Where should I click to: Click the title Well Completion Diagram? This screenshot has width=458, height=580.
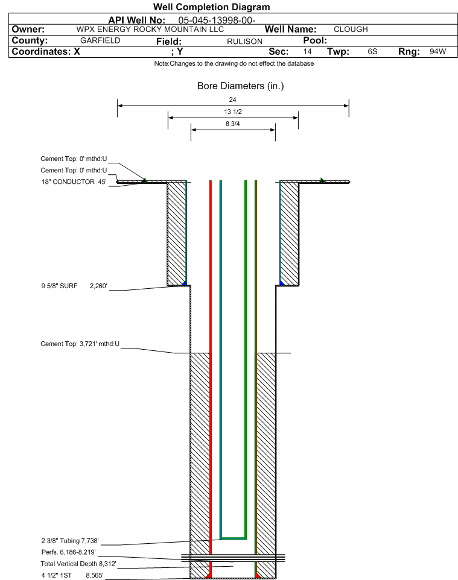(x=211, y=7)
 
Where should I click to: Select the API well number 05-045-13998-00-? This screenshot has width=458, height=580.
(x=217, y=20)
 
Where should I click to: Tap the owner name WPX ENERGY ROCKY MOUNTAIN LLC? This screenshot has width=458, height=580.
(x=150, y=30)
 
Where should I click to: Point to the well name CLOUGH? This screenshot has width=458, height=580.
(x=351, y=30)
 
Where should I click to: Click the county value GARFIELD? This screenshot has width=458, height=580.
(x=100, y=40)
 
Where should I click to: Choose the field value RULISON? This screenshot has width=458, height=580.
(x=245, y=42)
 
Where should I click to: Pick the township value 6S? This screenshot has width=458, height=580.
(x=372, y=51)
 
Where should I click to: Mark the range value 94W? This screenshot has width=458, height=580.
(x=437, y=51)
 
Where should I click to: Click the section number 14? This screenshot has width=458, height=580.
(x=307, y=51)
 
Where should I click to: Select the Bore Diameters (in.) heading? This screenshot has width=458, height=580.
(x=240, y=86)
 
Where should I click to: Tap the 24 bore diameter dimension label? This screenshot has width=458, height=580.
(x=232, y=99)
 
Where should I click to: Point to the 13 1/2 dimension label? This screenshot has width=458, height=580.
(x=233, y=112)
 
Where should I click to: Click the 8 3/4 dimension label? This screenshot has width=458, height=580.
(x=233, y=124)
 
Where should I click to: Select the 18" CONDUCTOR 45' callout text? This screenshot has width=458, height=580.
(x=74, y=182)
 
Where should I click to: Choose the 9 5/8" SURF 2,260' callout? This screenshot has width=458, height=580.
(x=74, y=286)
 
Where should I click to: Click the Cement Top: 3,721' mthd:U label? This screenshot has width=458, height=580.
(x=80, y=344)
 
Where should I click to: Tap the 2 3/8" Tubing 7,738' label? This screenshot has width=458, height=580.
(x=70, y=541)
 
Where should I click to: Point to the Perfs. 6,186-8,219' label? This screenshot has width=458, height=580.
(x=69, y=552)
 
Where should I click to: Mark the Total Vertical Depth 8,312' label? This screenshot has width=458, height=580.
(x=78, y=564)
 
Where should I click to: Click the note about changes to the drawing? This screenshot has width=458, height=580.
(x=234, y=64)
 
